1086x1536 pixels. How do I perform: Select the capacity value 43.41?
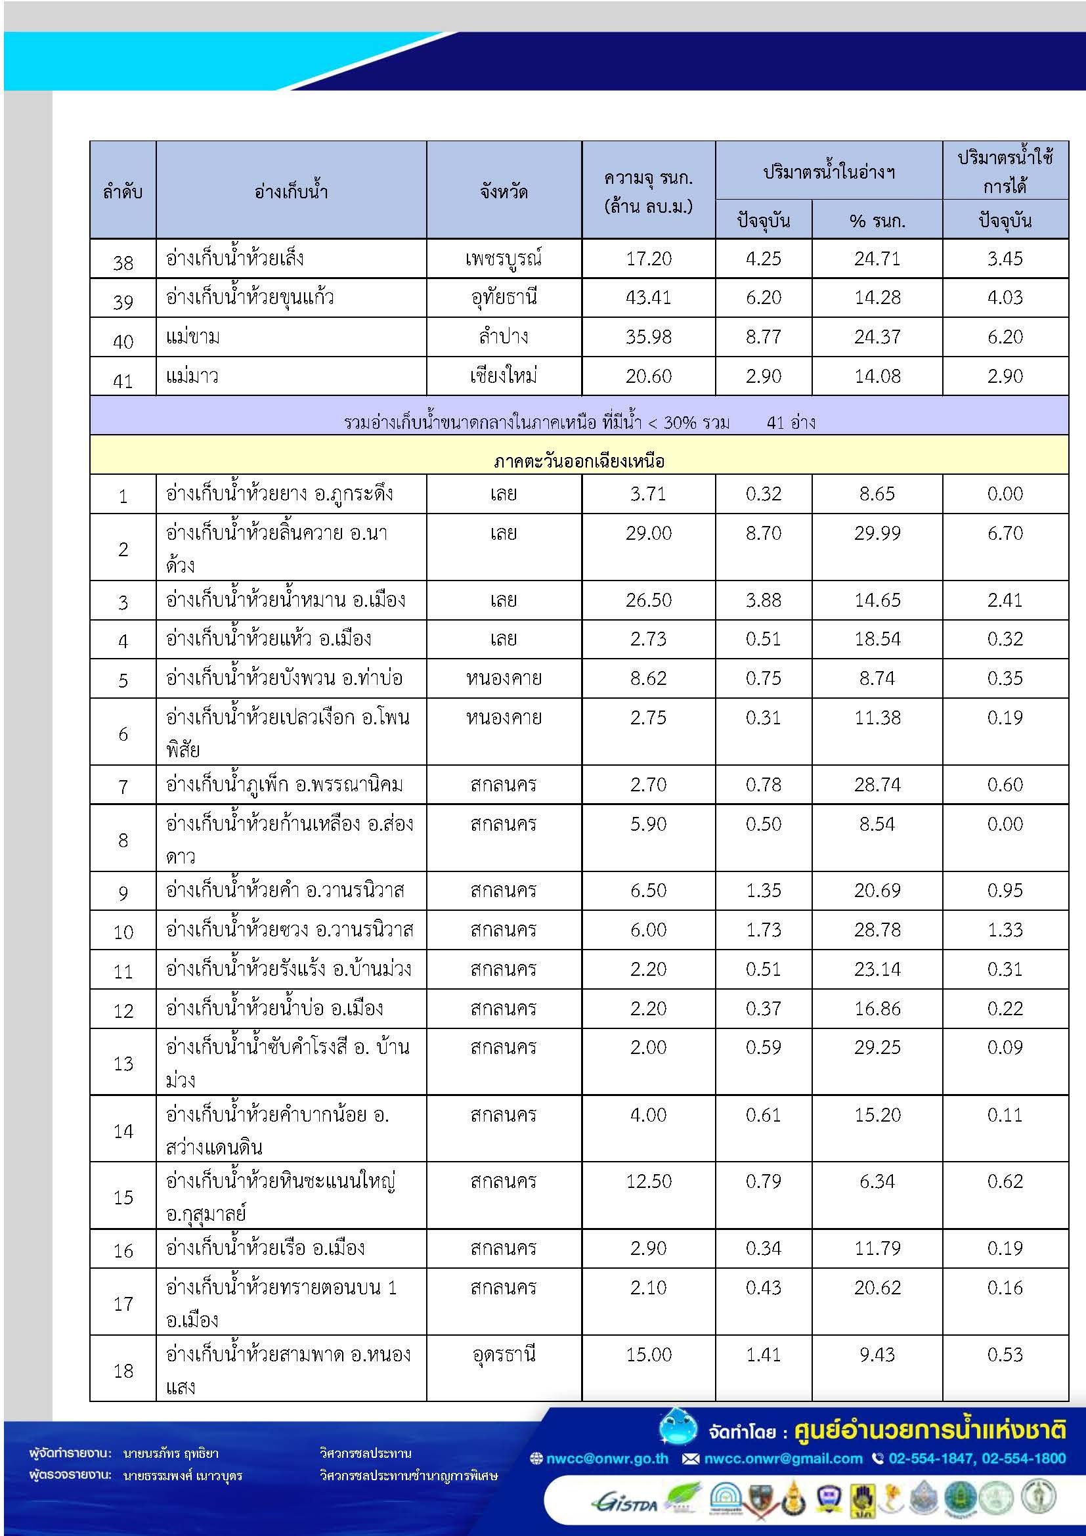pos(648,297)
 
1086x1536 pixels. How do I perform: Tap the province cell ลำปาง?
pos(504,336)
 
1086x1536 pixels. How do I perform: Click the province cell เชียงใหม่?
pos(504,376)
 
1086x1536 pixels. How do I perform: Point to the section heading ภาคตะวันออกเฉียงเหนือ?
pos(578,461)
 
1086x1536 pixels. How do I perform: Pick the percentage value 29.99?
pos(877,533)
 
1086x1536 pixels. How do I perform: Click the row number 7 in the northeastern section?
pos(123,786)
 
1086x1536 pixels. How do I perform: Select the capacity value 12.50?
pos(648,1181)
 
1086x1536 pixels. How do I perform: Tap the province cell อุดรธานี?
pos(504,1354)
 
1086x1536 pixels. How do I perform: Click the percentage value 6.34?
pos(877,1181)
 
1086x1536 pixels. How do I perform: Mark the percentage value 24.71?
pos(877,258)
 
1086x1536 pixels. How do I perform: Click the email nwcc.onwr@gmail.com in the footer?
pos(783,1459)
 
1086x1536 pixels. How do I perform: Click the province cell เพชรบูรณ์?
pos(504,258)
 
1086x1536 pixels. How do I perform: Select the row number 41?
pos(123,381)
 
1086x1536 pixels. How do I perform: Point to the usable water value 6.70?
pos(1005,533)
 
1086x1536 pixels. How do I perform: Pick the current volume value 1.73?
pos(763,929)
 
